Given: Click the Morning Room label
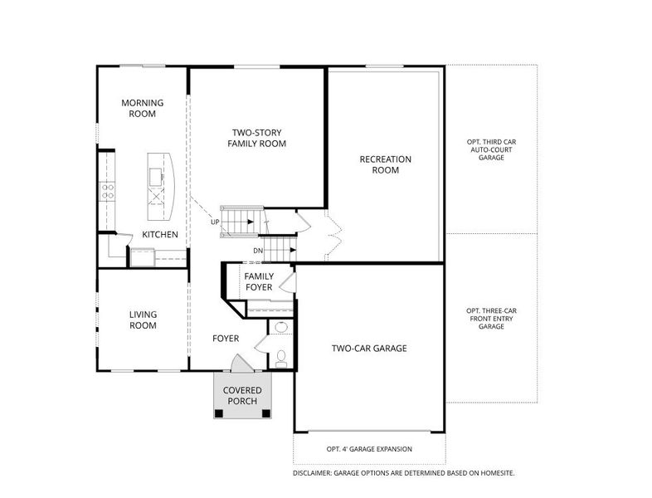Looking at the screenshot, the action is tap(142, 108).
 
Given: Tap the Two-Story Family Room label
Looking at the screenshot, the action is tap(256, 138).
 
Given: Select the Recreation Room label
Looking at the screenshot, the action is tap(386, 164).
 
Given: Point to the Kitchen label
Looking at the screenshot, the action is tap(160, 235).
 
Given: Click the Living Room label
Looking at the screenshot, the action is tap(143, 320).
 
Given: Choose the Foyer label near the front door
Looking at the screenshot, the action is tap(226, 339).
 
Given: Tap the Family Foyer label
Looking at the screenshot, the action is tap(259, 281).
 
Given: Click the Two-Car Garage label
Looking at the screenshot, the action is tap(369, 349).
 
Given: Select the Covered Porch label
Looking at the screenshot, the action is tap(242, 396).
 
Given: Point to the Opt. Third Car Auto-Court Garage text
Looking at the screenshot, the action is tap(491, 149).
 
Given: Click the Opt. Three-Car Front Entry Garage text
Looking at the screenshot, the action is tap(492, 319).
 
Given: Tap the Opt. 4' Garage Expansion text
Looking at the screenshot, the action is tap(369, 449).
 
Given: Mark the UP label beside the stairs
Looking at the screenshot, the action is tap(215, 222).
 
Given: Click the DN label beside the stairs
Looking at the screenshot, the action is tap(258, 251).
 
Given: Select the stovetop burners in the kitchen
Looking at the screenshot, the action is tap(108, 192).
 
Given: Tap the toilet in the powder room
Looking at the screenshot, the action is tap(281, 359).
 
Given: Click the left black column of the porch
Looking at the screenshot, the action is tap(219, 413).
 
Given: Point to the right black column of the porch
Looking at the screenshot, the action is tap(266, 413).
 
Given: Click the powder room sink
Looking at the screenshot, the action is tap(281, 326).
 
